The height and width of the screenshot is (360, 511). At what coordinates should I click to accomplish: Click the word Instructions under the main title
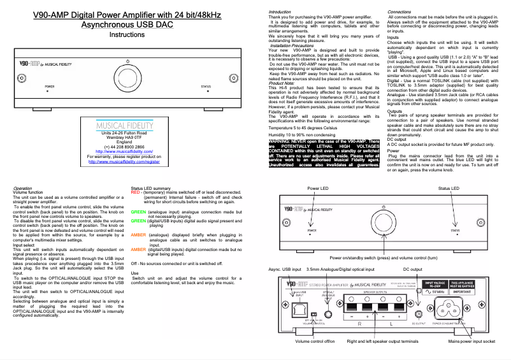click(x=127, y=35)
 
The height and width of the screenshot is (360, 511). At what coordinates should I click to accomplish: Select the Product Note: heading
click(x=281, y=83)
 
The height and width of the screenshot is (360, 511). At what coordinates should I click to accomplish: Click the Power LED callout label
click(x=318, y=189)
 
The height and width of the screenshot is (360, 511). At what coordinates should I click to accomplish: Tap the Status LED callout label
click(x=447, y=189)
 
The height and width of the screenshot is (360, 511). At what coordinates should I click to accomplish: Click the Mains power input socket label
click(x=471, y=342)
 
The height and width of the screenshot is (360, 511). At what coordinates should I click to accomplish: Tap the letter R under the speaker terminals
click(x=360, y=324)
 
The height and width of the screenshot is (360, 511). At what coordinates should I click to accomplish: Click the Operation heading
click(x=22, y=189)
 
